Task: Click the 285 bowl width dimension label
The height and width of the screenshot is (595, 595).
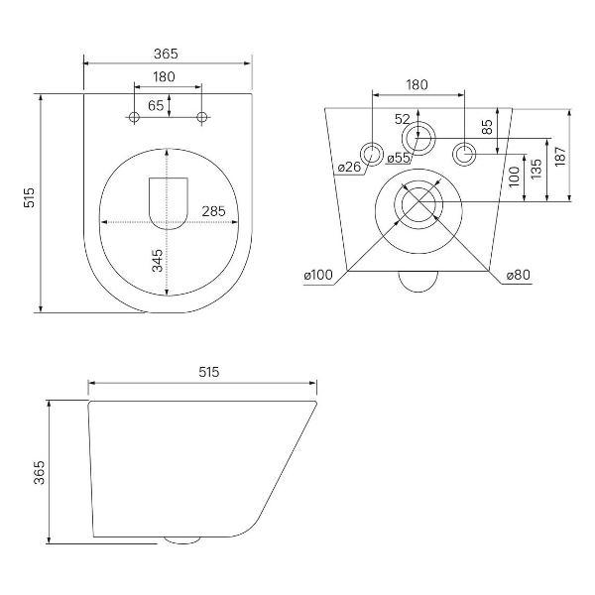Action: tap(213, 211)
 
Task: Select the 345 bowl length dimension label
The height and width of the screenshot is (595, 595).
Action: tap(157, 260)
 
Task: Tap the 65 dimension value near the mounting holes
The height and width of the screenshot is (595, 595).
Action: tap(156, 105)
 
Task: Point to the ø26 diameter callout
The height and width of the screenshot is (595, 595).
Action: tap(349, 167)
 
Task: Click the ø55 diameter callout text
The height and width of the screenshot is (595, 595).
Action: tap(399, 158)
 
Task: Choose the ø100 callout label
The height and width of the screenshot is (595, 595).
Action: tap(318, 275)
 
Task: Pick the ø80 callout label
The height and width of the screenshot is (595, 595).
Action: tap(519, 275)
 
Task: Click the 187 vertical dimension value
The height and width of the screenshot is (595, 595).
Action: tap(560, 156)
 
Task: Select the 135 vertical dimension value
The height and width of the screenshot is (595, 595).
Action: tap(536, 170)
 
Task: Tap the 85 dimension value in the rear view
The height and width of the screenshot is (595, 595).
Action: tap(487, 127)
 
